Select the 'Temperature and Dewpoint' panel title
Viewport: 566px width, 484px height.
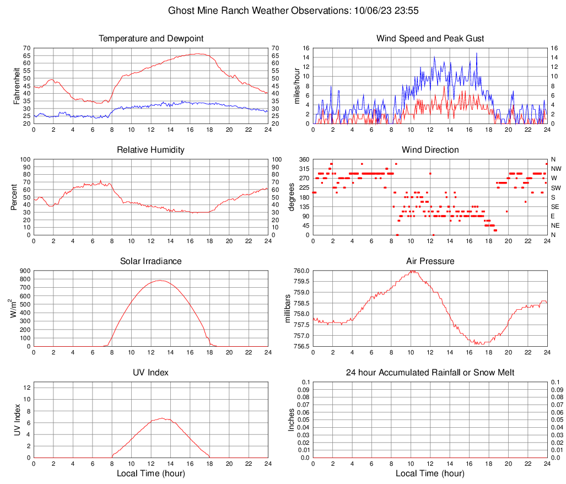point(151,39)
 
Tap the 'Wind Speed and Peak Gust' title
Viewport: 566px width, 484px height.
point(430,39)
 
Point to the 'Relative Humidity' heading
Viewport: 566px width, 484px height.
point(151,150)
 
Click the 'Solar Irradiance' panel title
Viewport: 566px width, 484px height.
point(151,261)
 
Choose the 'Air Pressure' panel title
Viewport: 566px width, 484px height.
point(430,261)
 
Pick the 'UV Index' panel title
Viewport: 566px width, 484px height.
point(151,373)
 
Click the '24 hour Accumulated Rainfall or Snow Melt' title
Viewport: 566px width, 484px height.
point(430,373)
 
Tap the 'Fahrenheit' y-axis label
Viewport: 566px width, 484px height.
point(15,85)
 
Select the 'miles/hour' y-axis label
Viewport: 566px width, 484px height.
point(296,85)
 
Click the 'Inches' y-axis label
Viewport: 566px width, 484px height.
point(292,420)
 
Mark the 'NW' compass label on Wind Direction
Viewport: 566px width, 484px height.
point(556,169)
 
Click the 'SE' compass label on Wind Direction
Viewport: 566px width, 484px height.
point(556,207)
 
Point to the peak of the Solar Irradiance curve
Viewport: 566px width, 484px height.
point(160,280)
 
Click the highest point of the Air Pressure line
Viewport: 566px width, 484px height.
point(413,271)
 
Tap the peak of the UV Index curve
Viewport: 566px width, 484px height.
point(161,418)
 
